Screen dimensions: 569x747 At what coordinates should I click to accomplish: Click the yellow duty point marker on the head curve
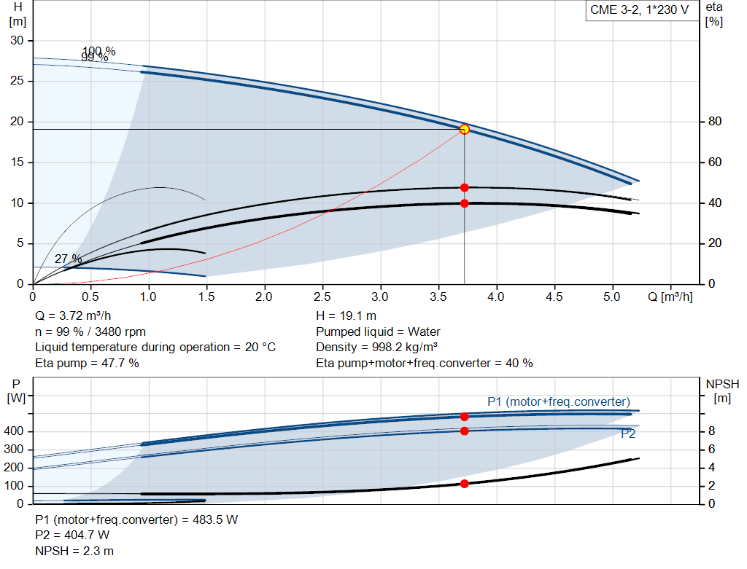point(464,129)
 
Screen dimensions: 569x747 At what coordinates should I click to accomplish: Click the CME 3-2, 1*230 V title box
point(639,11)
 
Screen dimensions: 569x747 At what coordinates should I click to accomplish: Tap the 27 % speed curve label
point(68,259)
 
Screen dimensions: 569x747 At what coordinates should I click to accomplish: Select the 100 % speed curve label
point(98,51)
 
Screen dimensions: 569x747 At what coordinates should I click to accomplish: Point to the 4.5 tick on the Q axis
point(554,297)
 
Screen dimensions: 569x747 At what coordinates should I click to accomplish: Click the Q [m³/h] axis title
point(670,297)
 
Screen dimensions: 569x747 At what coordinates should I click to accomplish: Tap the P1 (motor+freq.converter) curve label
point(558,401)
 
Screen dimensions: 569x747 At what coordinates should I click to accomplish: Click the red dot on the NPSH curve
point(464,484)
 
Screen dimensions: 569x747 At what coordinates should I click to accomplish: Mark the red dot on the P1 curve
point(464,417)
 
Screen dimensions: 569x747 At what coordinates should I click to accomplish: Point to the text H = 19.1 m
point(347,316)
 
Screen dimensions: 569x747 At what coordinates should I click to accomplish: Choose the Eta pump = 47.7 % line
point(88,362)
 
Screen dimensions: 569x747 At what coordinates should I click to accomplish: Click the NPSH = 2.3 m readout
point(74,551)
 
